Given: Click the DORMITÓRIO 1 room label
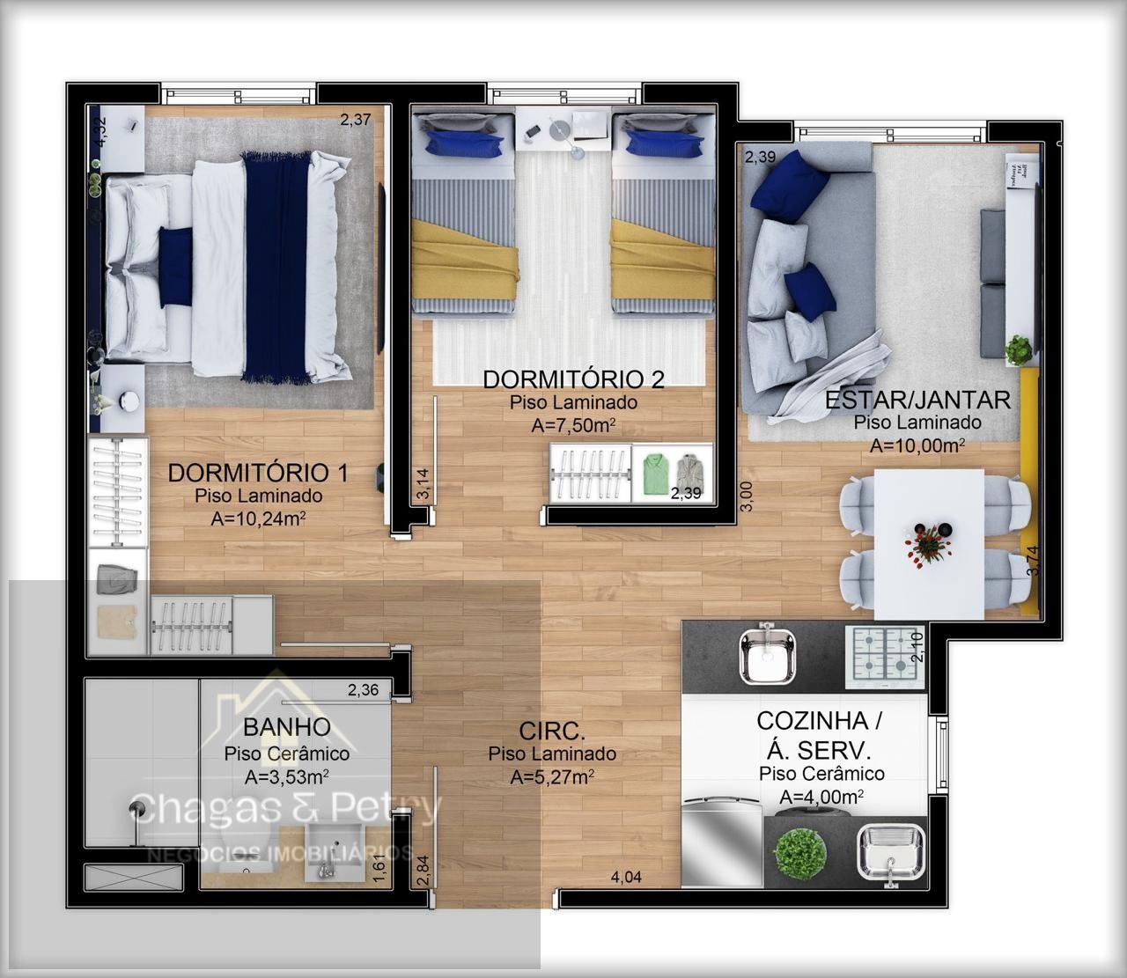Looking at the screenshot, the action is coord(258,473).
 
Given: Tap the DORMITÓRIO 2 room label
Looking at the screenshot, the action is coord(573,379).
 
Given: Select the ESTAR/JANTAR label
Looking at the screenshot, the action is coord(917,400).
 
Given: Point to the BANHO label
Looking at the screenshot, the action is coord(287,727).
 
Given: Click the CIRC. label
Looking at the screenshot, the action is coord(552,732).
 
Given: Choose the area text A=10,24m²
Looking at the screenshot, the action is coord(258,518).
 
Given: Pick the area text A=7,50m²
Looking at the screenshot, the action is coord(573,425).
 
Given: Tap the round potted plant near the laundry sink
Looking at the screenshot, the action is coord(799,854).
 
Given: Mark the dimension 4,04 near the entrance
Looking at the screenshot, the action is coord(626,877).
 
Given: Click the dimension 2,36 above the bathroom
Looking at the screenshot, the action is coord(363,689).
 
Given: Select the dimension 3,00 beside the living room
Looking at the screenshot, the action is coord(746,496).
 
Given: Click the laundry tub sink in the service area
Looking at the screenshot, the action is coord(891,854).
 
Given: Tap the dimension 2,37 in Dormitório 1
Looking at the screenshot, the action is coord(356,119).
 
